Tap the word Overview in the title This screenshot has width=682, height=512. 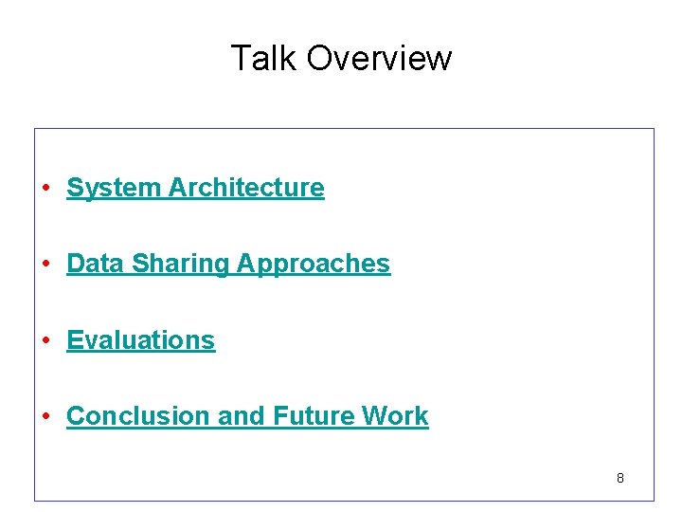click(379, 58)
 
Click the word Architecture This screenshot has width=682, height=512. click(246, 188)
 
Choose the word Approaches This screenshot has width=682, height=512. click(314, 265)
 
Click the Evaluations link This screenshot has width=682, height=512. click(141, 339)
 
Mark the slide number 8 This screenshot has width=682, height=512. click(620, 478)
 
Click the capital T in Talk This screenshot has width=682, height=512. click(241, 58)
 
